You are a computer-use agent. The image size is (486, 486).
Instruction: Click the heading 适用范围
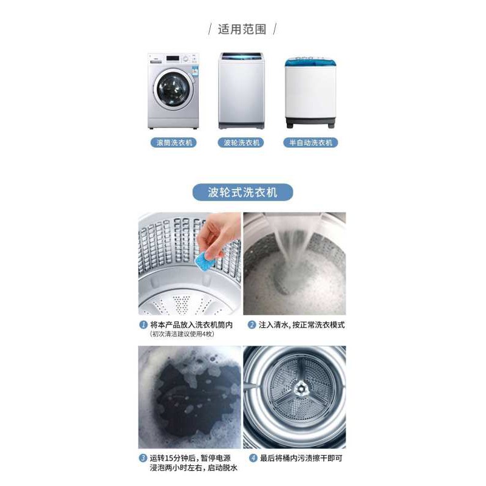point(242,29)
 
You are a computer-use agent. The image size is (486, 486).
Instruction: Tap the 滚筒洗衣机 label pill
point(174,143)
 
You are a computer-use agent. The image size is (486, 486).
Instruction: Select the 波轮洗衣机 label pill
point(241,143)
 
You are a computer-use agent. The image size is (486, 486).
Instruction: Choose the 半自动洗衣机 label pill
point(310,143)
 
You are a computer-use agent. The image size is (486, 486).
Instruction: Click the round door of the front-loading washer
point(173,89)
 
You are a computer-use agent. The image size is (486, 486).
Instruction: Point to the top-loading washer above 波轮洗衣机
point(241,91)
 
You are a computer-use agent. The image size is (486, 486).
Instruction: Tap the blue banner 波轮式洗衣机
point(242,192)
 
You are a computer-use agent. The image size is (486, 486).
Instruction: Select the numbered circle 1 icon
point(143,325)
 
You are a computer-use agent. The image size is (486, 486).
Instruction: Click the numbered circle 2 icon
point(252,325)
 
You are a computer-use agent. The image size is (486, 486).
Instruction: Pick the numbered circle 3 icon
point(143,458)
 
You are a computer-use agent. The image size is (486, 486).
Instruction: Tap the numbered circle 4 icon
point(253,458)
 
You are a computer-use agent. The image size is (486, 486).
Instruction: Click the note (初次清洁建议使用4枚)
point(182,334)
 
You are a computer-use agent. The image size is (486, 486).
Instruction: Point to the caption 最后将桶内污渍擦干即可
point(301,458)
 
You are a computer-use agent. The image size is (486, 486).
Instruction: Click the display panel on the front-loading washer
point(173,58)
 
